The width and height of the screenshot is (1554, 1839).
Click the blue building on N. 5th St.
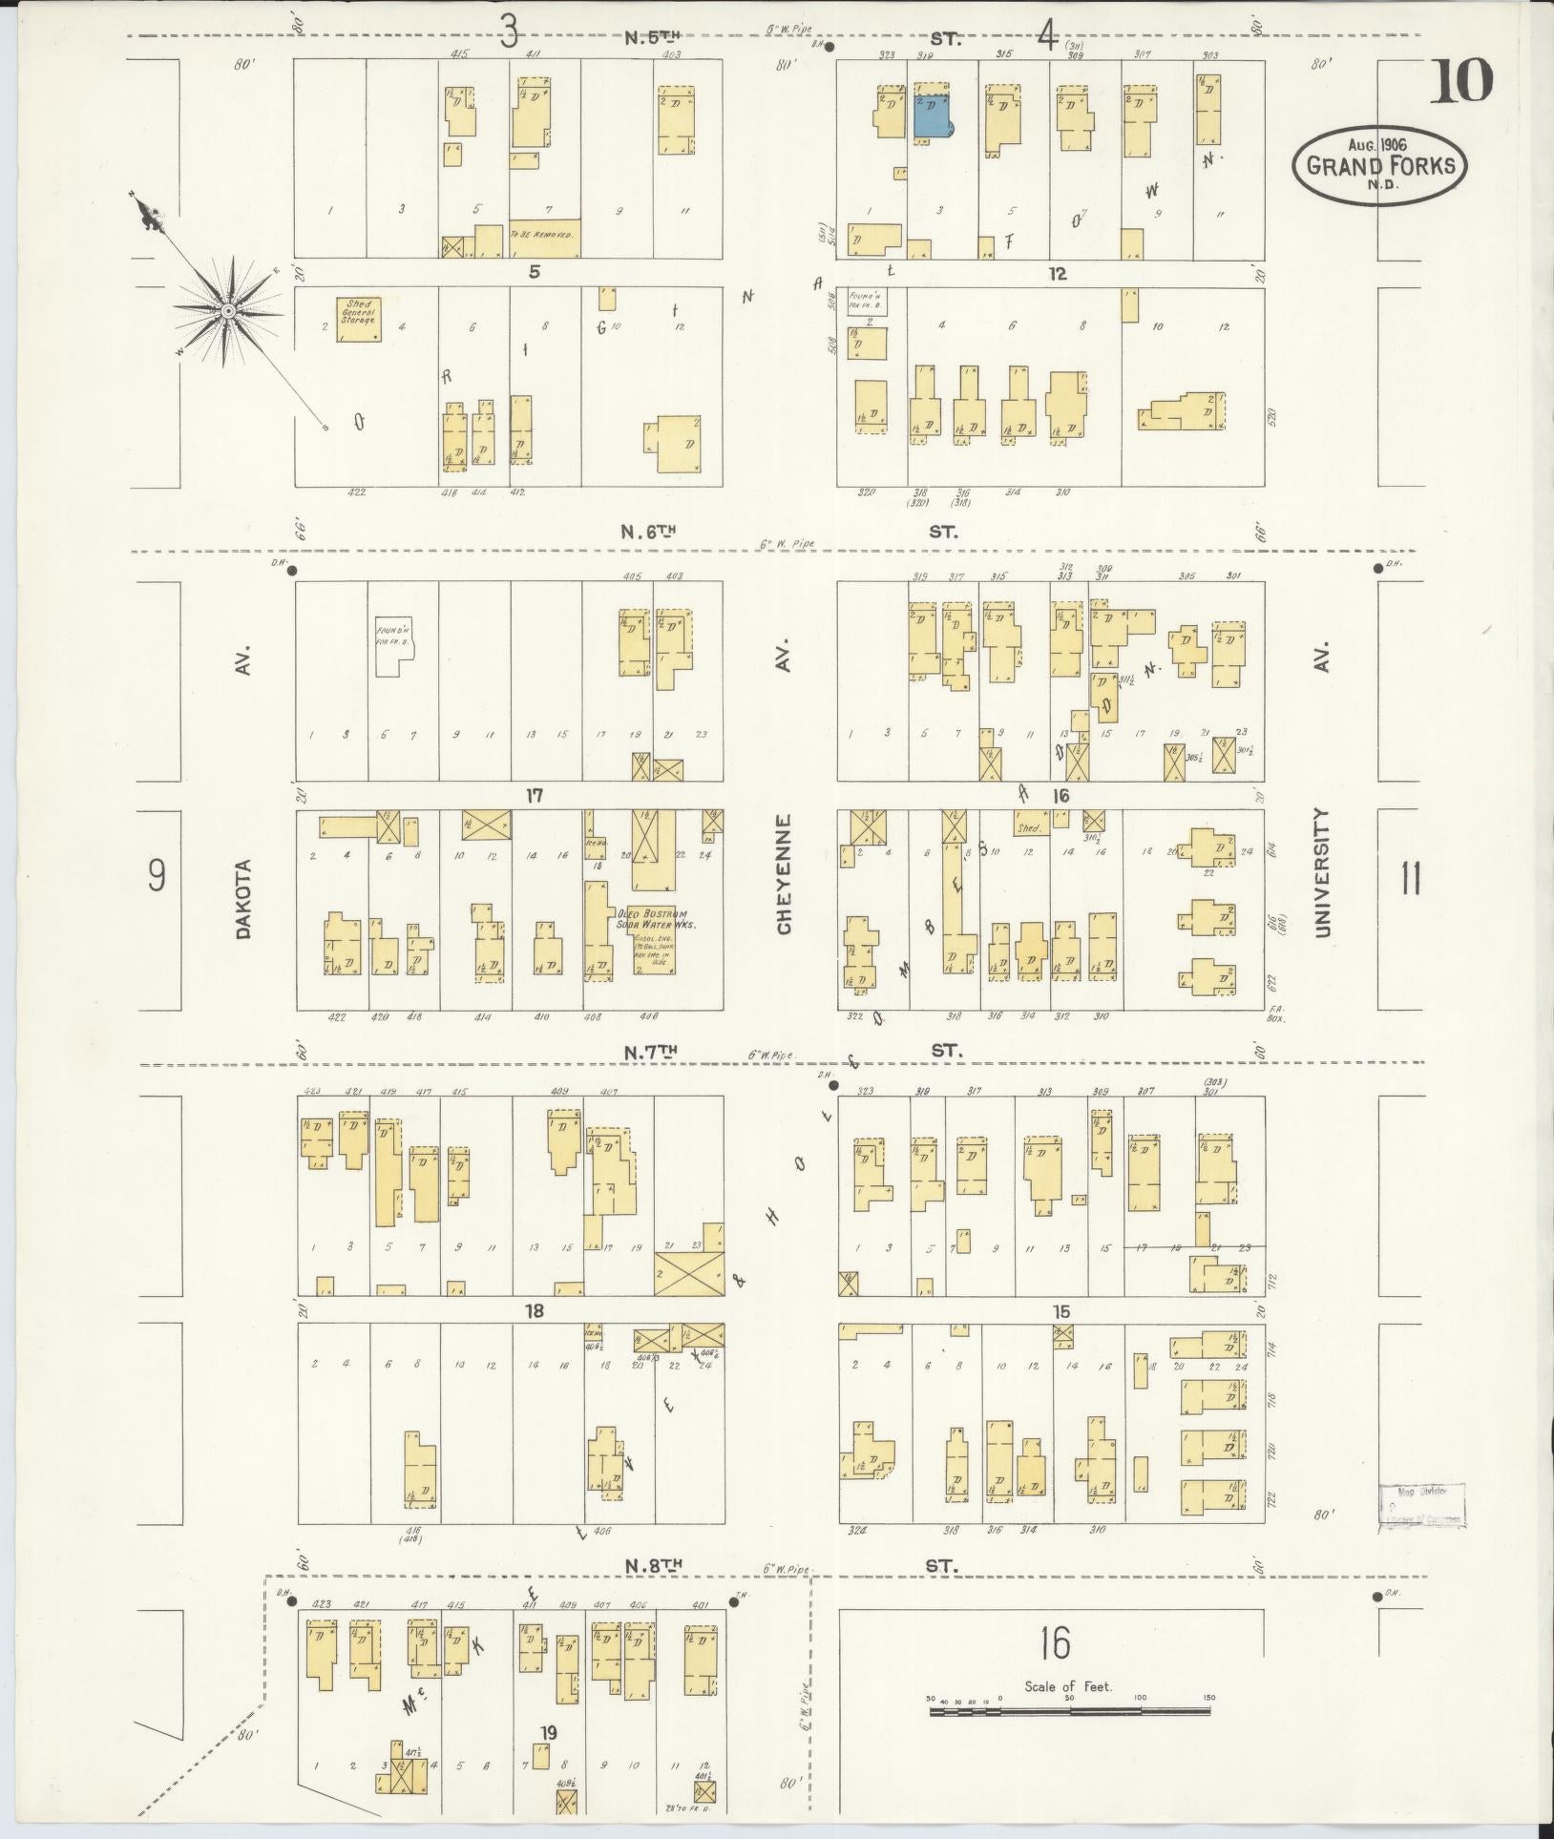click(932, 117)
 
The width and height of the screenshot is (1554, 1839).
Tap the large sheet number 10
click(1460, 82)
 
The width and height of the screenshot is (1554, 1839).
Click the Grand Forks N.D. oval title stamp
click(1380, 164)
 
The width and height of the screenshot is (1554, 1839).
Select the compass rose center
click(229, 312)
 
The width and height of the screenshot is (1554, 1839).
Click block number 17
click(535, 795)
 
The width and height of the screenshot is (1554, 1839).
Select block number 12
click(1057, 274)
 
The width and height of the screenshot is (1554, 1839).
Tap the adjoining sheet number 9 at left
click(157, 875)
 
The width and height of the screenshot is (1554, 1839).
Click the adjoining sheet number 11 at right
click(1411, 878)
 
